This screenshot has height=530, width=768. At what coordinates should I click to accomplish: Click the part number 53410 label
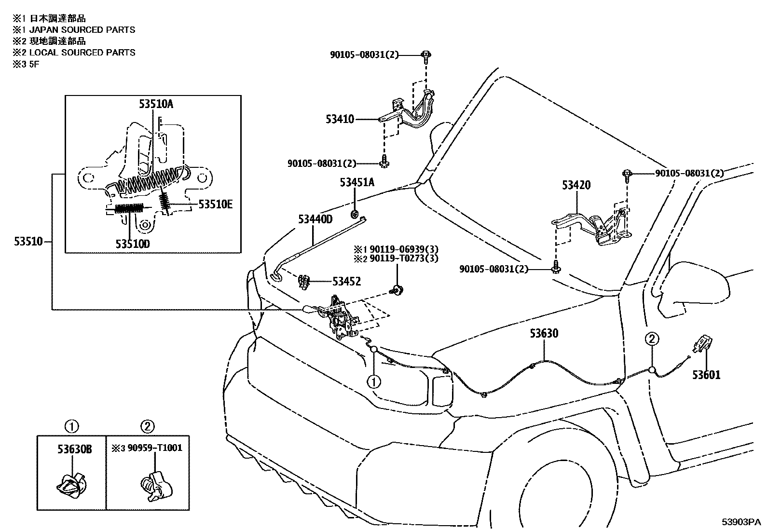(340, 119)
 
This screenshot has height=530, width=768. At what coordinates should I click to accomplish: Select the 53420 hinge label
(576, 185)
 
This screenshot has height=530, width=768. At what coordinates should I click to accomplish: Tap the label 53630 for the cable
(544, 333)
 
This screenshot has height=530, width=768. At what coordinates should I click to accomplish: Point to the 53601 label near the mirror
(706, 375)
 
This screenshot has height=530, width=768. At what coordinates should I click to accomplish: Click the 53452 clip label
(346, 281)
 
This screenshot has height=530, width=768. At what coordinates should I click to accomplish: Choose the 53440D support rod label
(315, 219)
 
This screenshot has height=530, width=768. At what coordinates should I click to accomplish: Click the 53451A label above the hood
(357, 182)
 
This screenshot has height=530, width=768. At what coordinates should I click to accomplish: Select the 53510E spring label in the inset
(216, 204)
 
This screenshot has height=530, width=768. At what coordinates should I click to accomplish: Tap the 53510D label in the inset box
(132, 244)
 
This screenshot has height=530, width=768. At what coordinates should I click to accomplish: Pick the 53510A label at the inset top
(156, 104)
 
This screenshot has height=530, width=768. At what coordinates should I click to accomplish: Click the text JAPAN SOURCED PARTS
(82, 30)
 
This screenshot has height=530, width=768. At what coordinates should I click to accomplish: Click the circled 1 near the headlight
(374, 382)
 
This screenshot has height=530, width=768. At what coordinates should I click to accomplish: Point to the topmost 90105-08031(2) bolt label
(364, 55)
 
